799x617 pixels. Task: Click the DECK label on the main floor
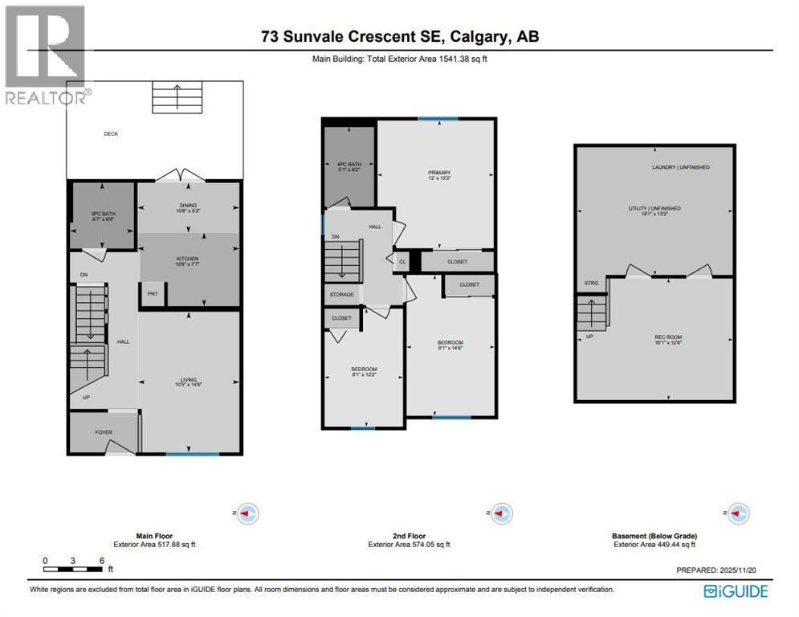111,133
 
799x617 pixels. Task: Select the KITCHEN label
187,259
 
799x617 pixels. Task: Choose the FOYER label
104,432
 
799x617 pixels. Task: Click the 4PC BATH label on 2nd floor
349,167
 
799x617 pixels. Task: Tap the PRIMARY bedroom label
438,173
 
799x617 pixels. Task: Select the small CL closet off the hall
402,261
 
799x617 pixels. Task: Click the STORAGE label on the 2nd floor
341,295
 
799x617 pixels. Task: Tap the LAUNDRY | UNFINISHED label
680,167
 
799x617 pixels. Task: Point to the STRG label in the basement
591,283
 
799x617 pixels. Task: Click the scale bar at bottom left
73,569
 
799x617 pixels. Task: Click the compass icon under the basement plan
737,513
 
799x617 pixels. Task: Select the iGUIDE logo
736,591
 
